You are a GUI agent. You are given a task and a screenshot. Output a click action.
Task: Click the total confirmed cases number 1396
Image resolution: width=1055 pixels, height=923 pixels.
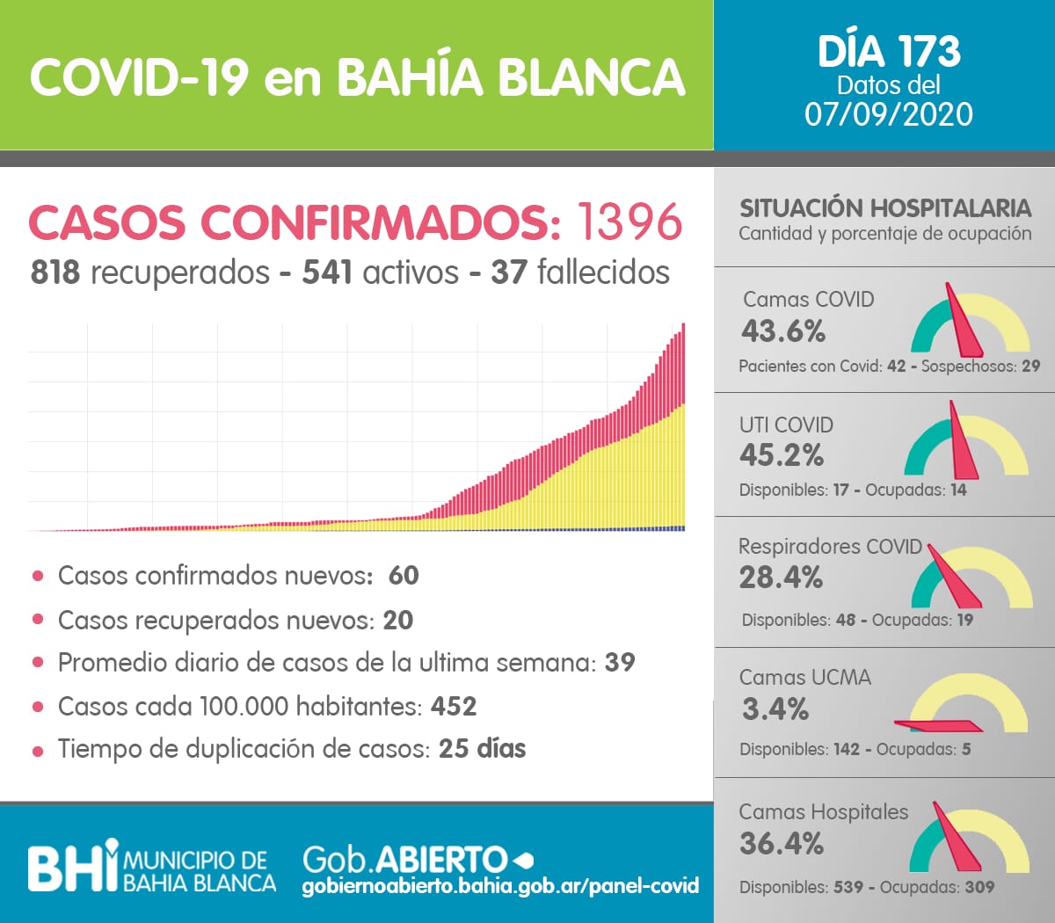point(629,222)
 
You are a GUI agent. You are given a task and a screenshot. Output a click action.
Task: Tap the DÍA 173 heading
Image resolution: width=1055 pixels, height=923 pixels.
point(889,51)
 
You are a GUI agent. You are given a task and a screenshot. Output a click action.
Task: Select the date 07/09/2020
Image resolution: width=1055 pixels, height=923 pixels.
point(889,114)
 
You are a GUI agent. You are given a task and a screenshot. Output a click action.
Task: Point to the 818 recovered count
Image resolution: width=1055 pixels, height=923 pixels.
point(55,273)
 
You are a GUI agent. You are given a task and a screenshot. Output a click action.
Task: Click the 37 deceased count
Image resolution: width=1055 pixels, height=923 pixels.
point(509,273)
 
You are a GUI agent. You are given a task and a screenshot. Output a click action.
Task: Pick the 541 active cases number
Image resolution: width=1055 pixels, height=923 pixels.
point(328,273)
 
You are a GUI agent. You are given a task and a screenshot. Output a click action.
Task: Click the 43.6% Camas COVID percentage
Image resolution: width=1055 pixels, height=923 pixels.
point(783,331)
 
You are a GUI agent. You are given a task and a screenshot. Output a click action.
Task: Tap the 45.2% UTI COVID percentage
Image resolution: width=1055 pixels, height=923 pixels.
point(782,455)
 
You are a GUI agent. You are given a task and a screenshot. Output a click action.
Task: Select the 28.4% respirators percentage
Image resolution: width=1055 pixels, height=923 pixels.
point(781,578)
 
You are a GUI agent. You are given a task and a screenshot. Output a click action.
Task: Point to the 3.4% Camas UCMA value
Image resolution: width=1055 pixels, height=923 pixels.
point(775,709)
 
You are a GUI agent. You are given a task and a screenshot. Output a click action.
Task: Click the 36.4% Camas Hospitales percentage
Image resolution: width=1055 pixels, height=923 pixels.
point(782,844)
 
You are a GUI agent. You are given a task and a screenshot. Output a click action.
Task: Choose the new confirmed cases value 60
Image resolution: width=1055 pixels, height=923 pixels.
point(404,575)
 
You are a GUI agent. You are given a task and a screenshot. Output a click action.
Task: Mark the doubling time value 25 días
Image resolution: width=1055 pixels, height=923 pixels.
point(482,749)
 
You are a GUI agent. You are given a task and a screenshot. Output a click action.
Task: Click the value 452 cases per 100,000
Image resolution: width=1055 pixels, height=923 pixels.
point(454,706)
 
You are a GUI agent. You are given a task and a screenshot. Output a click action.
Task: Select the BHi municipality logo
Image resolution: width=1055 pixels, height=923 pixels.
point(73,865)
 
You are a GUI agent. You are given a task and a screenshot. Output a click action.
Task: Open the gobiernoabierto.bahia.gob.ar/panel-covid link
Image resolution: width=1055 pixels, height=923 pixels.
point(500,885)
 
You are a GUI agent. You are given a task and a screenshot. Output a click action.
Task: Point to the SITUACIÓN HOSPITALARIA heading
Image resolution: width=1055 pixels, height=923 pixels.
point(884,208)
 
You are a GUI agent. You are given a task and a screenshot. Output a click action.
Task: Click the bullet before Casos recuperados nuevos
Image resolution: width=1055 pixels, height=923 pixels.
point(38,619)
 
